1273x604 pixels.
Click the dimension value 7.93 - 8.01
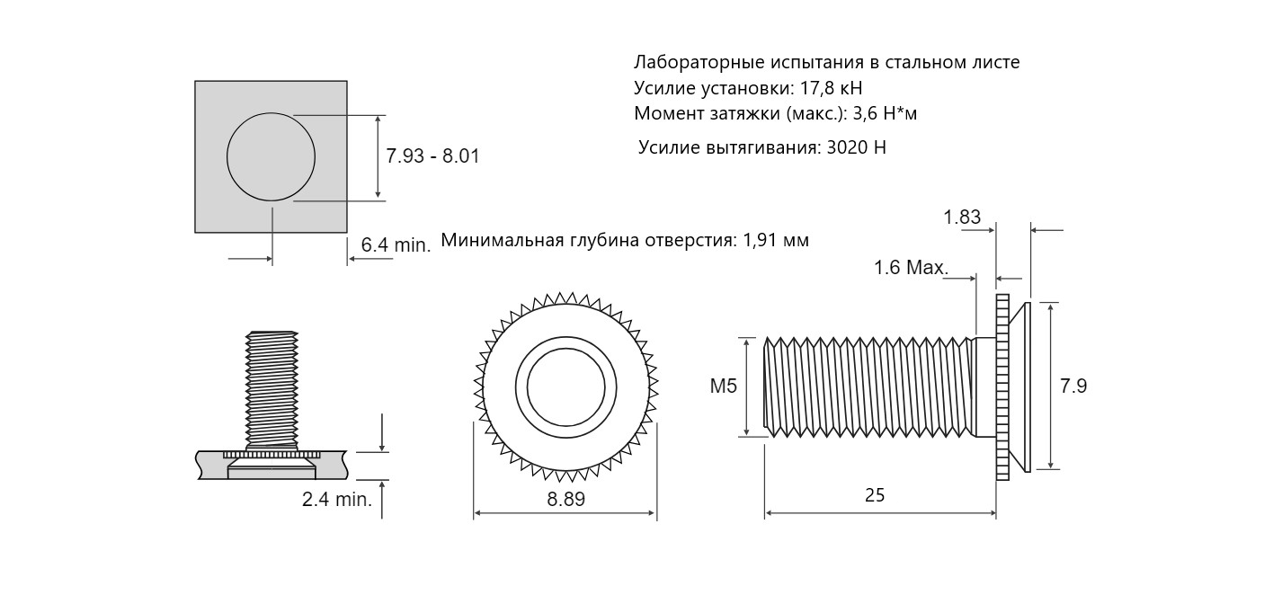point(432,156)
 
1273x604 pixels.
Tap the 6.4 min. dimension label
point(396,244)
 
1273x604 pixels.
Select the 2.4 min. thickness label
point(337,500)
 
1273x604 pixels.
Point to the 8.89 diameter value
point(565,499)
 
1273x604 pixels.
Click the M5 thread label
point(724,386)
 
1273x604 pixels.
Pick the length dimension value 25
point(875,495)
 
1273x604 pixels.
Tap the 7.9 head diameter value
point(1073,386)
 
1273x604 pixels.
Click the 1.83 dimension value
point(962,217)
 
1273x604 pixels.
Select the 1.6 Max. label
point(911,268)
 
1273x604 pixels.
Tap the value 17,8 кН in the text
point(832,88)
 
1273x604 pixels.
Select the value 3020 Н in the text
point(857,147)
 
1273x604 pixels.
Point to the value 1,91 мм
point(776,240)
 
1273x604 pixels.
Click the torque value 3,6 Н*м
point(885,113)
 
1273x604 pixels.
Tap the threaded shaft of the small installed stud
point(272,390)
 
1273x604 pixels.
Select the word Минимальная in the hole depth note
point(503,240)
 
